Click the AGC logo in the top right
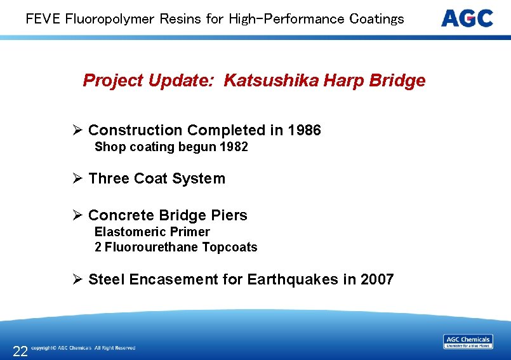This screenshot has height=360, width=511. (x=467, y=18)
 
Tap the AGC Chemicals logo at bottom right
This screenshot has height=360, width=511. (x=468, y=342)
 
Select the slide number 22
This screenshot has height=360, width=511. (x=20, y=351)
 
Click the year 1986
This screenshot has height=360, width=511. (x=304, y=131)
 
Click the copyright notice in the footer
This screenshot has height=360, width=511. (x=83, y=348)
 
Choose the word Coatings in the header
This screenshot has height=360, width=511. (x=376, y=18)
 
